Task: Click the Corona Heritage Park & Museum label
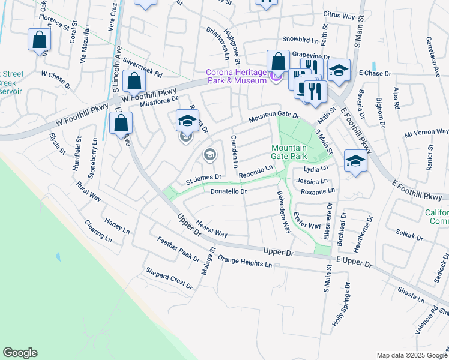tap(237, 77)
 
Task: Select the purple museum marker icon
tap(276, 76)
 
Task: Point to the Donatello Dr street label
tap(229, 191)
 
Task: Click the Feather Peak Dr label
tap(178, 249)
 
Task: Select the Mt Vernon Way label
tap(426, 132)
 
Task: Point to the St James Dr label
tap(203, 178)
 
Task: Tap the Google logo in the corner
tap(20, 353)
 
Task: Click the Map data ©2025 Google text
tap(411, 355)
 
